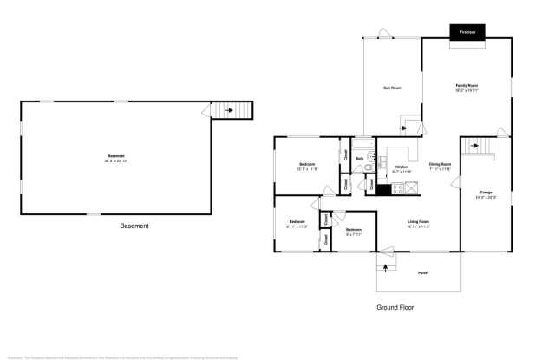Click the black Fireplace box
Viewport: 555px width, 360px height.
pyautogui.click(x=467, y=32)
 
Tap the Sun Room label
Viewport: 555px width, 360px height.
pyautogui.click(x=392, y=88)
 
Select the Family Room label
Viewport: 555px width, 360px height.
pyautogui.click(x=467, y=85)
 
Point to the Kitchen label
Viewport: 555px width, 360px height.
pyautogui.click(x=402, y=167)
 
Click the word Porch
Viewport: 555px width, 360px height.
pyautogui.click(x=423, y=273)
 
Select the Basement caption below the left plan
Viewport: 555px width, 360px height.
pyautogui.click(x=134, y=226)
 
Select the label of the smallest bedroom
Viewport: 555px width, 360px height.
pyautogui.click(x=353, y=231)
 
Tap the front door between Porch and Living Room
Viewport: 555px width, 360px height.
pyautogui.click(x=388, y=257)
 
